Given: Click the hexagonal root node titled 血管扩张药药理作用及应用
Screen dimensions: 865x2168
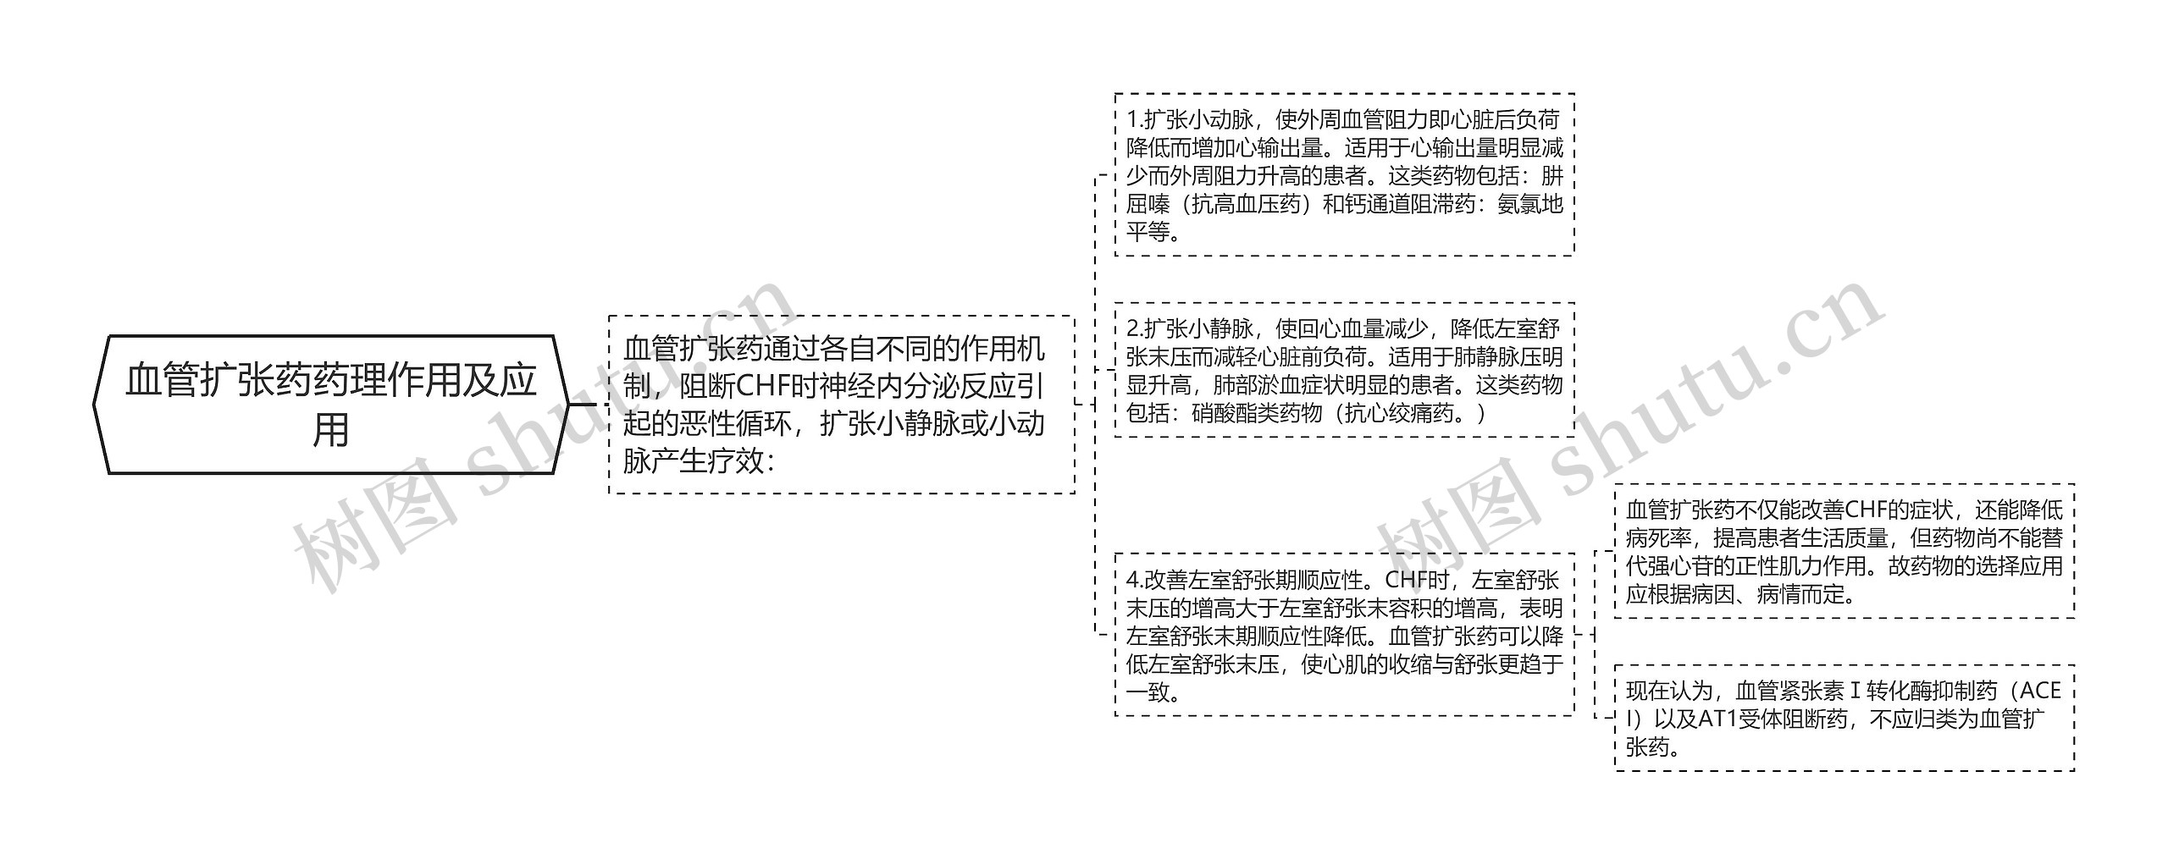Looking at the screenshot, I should pos(330,404).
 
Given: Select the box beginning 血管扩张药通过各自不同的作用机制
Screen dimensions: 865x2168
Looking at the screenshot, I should pos(841,405).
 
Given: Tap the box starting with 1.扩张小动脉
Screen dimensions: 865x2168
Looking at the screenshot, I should pos(1344,174).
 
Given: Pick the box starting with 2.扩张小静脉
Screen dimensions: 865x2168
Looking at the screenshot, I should pos(1344,370).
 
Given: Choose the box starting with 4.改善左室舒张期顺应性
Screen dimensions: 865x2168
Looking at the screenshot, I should pos(1344,635).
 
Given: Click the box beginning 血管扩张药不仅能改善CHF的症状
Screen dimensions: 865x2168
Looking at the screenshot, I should pos(1844,551).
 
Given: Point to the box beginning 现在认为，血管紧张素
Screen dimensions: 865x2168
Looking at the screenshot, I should pos(1844,718).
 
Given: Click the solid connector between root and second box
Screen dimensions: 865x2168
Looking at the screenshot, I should pos(583,405).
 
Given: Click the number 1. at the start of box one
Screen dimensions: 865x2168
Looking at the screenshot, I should pos(1136,120).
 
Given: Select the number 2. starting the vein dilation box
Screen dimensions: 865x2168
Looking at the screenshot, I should pos(1136,328).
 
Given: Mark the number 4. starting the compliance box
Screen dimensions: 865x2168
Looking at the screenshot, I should pos(1136,581).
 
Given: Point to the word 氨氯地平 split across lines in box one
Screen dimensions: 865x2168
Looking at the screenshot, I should pos(1529,205).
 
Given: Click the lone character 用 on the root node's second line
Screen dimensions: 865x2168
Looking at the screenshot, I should pos(330,430).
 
